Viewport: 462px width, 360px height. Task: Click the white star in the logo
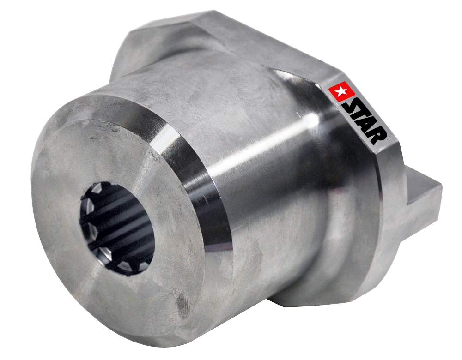pyautogui.click(x=341, y=92)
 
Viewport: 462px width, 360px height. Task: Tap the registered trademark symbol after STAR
pyautogui.click(x=389, y=137)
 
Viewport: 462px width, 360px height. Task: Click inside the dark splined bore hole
pyautogui.click(x=115, y=228)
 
